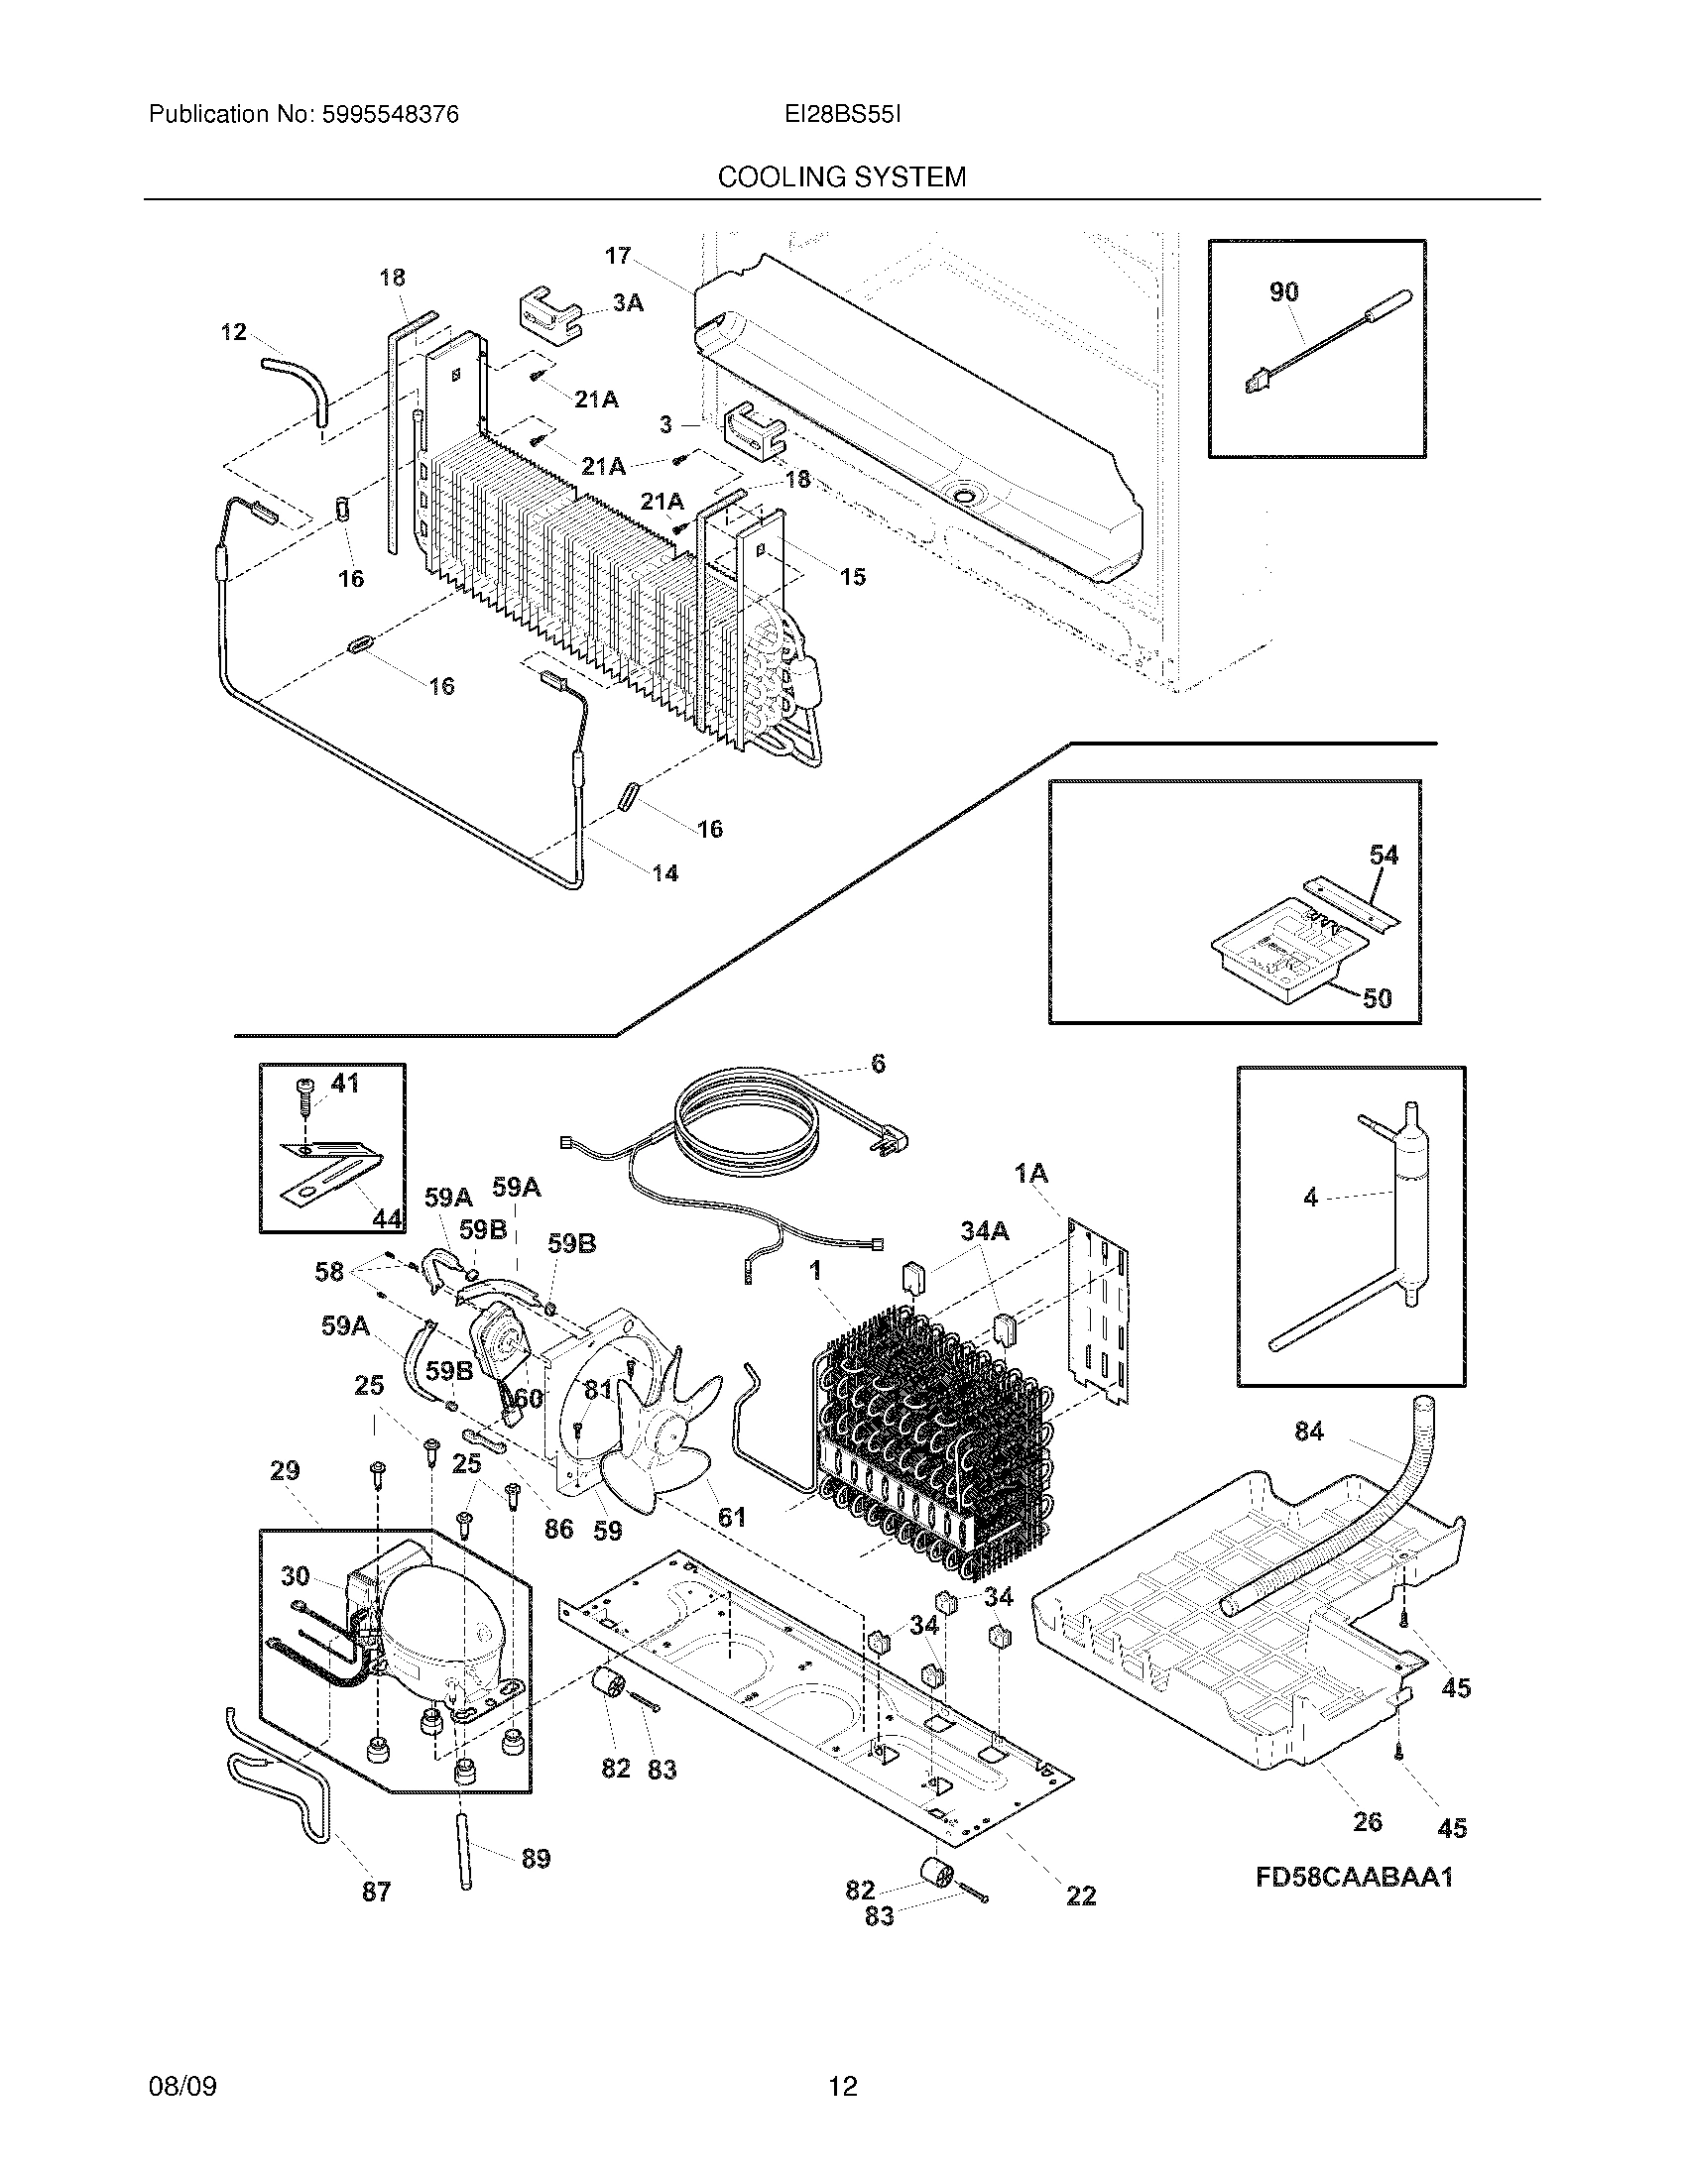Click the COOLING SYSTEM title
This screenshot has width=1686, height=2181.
click(841, 177)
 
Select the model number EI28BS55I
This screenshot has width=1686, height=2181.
click(842, 115)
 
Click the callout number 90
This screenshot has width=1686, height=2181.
click(1283, 291)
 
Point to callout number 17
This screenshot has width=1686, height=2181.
click(617, 256)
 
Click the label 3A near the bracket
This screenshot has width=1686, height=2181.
click(627, 302)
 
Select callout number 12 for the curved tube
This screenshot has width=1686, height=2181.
click(233, 331)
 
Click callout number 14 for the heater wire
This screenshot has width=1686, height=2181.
click(665, 873)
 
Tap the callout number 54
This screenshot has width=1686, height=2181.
click(1384, 855)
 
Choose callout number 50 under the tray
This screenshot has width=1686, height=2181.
click(1377, 997)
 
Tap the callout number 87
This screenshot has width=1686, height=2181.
click(376, 1892)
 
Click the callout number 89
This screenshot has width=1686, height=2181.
click(536, 1859)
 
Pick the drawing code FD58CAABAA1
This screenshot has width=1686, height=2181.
click(1354, 1878)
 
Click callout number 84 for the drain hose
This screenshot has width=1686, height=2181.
click(1308, 1433)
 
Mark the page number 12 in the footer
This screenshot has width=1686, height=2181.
click(842, 2086)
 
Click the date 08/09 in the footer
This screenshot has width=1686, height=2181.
click(181, 2086)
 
